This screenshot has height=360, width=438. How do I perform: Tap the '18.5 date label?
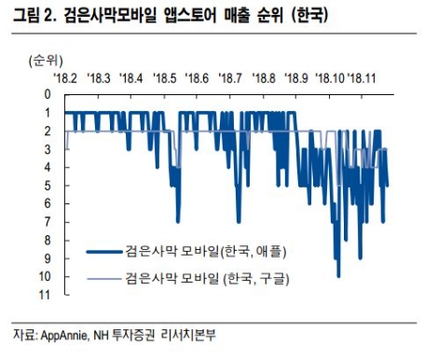click(x=164, y=78)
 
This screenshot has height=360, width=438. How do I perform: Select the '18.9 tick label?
click(x=296, y=78)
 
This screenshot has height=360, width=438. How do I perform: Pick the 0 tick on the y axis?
click(x=45, y=94)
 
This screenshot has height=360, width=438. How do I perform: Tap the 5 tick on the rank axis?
click(x=45, y=186)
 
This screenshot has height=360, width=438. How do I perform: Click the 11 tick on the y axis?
click(x=43, y=295)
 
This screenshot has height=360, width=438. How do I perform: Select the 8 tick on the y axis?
click(x=45, y=240)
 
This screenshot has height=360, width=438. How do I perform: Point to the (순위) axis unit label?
click(x=37, y=60)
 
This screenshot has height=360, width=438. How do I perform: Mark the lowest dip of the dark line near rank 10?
click(x=338, y=274)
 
